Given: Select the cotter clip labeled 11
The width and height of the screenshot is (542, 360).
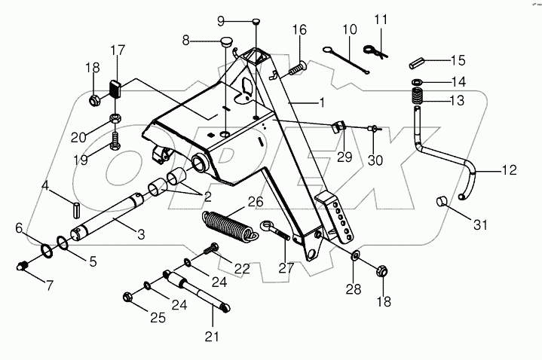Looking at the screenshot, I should (x=375, y=50).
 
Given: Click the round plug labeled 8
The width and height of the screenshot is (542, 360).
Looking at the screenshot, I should (x=226, y=41).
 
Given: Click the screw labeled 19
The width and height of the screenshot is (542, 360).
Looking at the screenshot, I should (x=115, y=139).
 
